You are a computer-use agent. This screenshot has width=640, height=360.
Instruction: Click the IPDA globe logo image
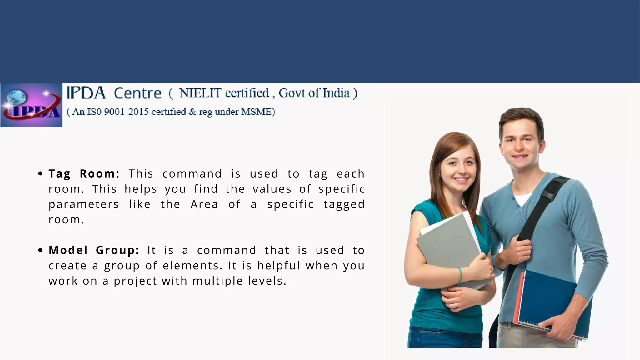point(31,105)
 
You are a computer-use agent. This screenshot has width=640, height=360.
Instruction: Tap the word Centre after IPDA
point(137,93)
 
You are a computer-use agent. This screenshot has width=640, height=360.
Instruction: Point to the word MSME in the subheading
point(260,112)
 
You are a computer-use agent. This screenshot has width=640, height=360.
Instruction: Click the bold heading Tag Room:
point(84,174)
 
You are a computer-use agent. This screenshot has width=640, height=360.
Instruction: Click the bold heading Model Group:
point(94,250)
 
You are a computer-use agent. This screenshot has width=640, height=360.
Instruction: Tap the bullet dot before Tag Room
point(40,174)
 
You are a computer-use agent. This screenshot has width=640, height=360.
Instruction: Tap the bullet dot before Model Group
point(40,250)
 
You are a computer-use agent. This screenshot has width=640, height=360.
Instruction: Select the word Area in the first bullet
point(204,204)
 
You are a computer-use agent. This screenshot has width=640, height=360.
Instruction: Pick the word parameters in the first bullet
point(84,204)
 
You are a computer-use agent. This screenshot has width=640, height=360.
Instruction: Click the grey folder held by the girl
point(450,247)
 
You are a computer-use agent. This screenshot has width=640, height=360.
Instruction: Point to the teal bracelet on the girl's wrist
point(460,275)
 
